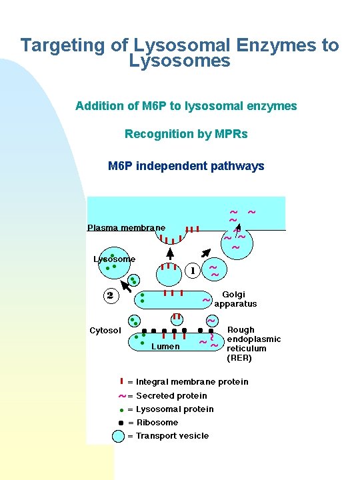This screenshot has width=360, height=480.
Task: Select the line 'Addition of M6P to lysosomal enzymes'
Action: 186,106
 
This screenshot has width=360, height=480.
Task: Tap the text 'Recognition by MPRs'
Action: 186,134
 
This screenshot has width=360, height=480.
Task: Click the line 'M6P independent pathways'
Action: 186,166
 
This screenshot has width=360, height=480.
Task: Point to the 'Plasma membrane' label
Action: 126,228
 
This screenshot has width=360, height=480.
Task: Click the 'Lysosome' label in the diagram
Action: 114,259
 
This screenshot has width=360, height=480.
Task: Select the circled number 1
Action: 193,271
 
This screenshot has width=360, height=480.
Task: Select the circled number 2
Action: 110,295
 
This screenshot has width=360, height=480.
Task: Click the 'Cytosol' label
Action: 105,331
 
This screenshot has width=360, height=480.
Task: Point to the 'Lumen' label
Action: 165,346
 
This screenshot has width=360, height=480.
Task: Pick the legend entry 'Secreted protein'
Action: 171,395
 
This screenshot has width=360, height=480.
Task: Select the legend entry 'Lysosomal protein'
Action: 175,409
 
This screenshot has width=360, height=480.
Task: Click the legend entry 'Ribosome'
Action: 157,422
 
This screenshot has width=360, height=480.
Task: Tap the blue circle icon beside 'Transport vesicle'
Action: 119,436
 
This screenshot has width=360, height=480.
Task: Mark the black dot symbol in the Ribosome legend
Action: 121,423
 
